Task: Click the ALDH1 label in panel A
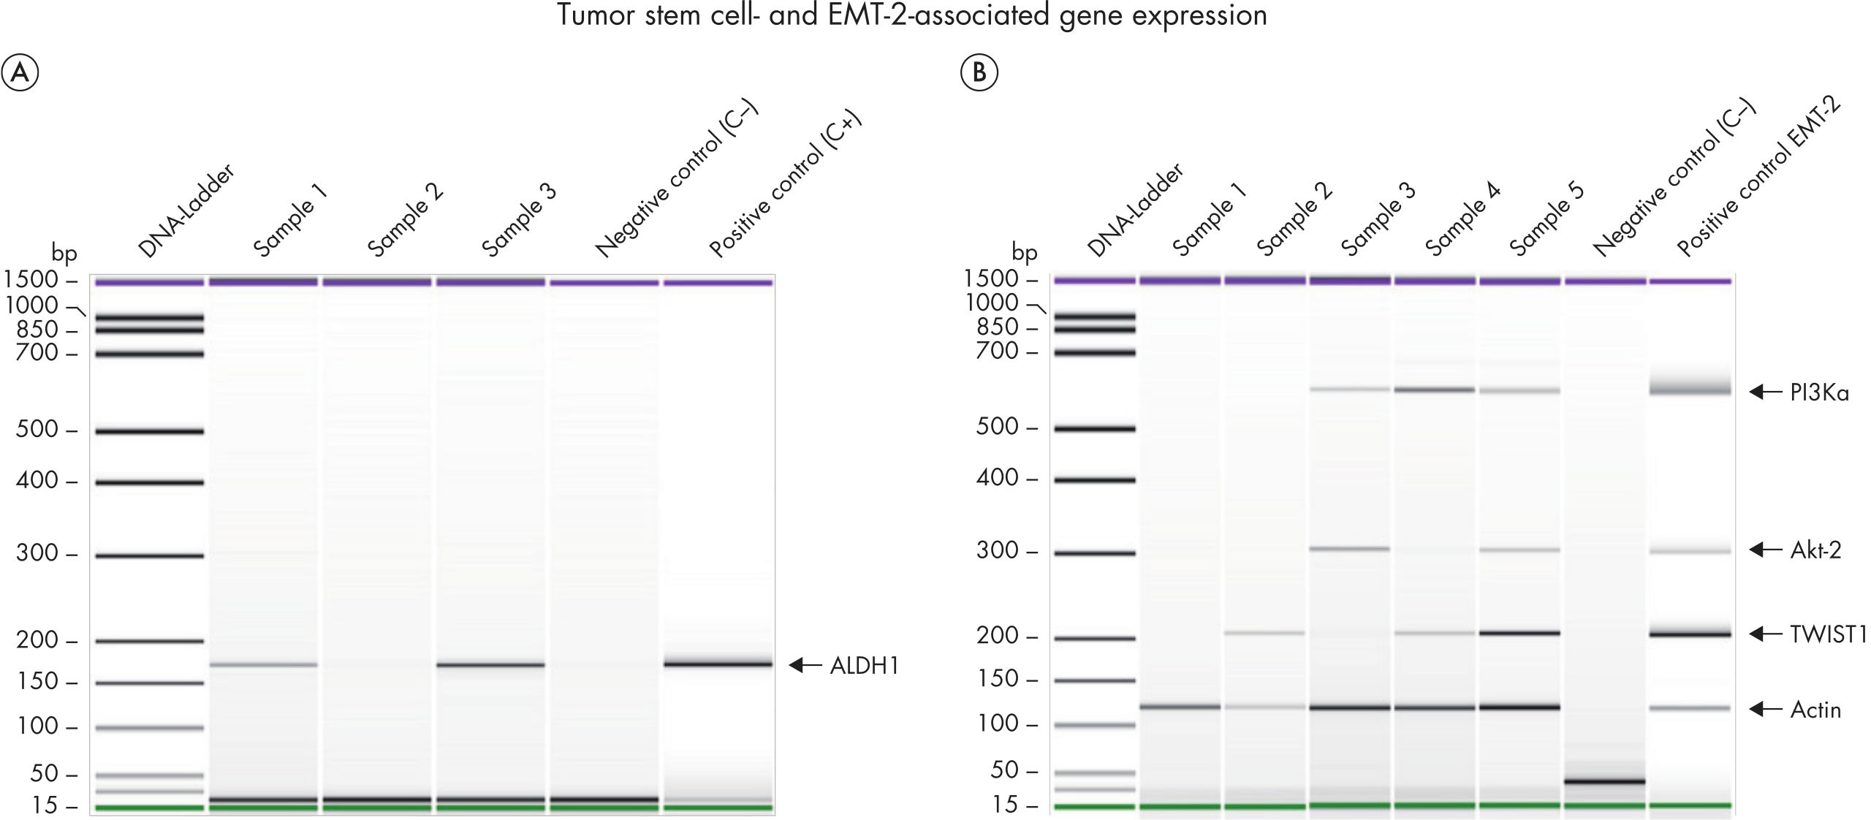coord(864,666)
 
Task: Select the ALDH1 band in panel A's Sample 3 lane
coord(490,665)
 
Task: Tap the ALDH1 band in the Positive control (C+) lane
coord(718,664)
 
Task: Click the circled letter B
coord(979,73)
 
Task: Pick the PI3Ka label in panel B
coord(1819,393)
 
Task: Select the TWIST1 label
coord(1828,634)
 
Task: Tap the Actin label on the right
coord(1815,710)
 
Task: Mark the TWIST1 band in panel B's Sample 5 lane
coord(1519,633)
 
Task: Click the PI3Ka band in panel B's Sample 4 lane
coord(1434,390)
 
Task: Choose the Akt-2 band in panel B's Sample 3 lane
coord(1349,548)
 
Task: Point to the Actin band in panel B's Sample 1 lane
coord(1180,707)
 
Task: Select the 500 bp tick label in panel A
coord(37,429)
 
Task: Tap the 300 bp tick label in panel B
coord(998,550)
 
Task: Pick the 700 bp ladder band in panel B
coord(1094,352)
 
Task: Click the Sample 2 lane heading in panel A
coord(406,219)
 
